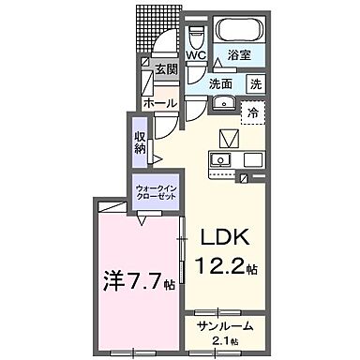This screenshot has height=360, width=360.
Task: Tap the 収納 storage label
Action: pos(139,142)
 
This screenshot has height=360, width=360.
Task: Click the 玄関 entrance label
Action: pos(165,68)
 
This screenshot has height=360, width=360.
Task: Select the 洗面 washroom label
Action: pos(221,83)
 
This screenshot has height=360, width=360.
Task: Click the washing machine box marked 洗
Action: pos(255,83)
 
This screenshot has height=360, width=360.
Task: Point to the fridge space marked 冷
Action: pos(252,112)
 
